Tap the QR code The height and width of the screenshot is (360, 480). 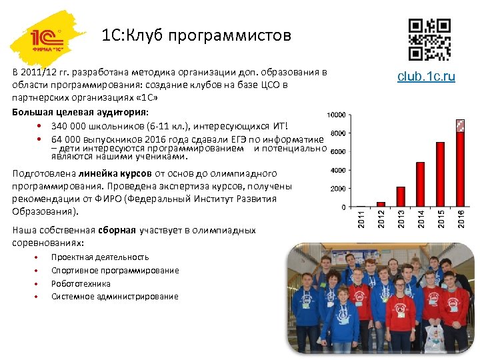click(429, 39)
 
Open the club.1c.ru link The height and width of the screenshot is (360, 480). click(426, 77)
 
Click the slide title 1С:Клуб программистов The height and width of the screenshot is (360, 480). click(197, 35)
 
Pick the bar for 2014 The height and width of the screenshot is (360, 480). click(420, 184)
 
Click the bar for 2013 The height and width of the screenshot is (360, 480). click(401, 196)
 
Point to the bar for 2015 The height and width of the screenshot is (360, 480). click(440, 174)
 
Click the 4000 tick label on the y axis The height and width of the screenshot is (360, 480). click(337, 170)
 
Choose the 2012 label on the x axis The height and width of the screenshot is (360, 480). click(381, 217)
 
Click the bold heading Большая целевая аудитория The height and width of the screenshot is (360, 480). click(81, 111)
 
